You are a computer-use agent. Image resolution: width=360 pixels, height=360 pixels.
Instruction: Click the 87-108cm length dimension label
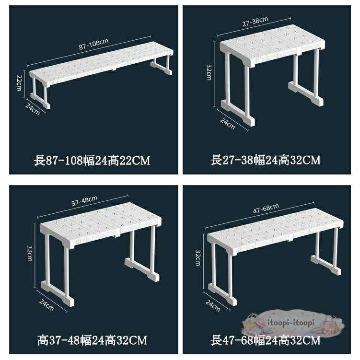(93, 44)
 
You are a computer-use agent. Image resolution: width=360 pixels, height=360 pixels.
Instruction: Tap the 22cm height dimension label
(19, 82)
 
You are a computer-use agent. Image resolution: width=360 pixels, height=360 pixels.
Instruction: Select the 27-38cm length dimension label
(255, 22)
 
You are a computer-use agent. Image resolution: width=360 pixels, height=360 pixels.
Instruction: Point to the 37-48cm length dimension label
(84, 201)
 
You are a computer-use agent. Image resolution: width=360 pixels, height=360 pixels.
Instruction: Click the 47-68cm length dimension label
(266, 209)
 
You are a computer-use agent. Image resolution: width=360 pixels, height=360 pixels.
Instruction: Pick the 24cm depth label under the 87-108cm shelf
(33, 109)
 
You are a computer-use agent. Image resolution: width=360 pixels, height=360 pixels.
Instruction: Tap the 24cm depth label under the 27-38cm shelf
(228, 124)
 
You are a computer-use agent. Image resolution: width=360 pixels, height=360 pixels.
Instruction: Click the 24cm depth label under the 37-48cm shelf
(46, 305)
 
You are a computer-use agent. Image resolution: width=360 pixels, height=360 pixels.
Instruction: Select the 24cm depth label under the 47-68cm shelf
(213, 305)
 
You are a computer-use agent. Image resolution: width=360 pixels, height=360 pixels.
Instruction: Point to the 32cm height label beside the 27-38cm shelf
(209, 72)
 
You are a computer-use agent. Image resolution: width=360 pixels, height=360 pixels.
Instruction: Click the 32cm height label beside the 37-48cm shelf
(30, 253)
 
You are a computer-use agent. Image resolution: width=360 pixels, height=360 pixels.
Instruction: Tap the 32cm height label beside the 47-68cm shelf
(198, 258)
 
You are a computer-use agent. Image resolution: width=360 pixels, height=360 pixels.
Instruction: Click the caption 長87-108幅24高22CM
(92, 161)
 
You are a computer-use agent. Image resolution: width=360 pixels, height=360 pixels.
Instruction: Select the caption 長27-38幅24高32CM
(266, 160)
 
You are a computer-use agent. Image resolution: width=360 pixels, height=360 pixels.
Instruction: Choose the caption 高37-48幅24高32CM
(92, 340)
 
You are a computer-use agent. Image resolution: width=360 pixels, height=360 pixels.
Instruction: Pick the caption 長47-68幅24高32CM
(266, 340)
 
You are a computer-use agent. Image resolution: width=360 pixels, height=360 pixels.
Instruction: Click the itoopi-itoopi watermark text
(291, 323)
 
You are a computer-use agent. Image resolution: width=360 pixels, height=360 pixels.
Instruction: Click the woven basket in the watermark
(250, 322)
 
